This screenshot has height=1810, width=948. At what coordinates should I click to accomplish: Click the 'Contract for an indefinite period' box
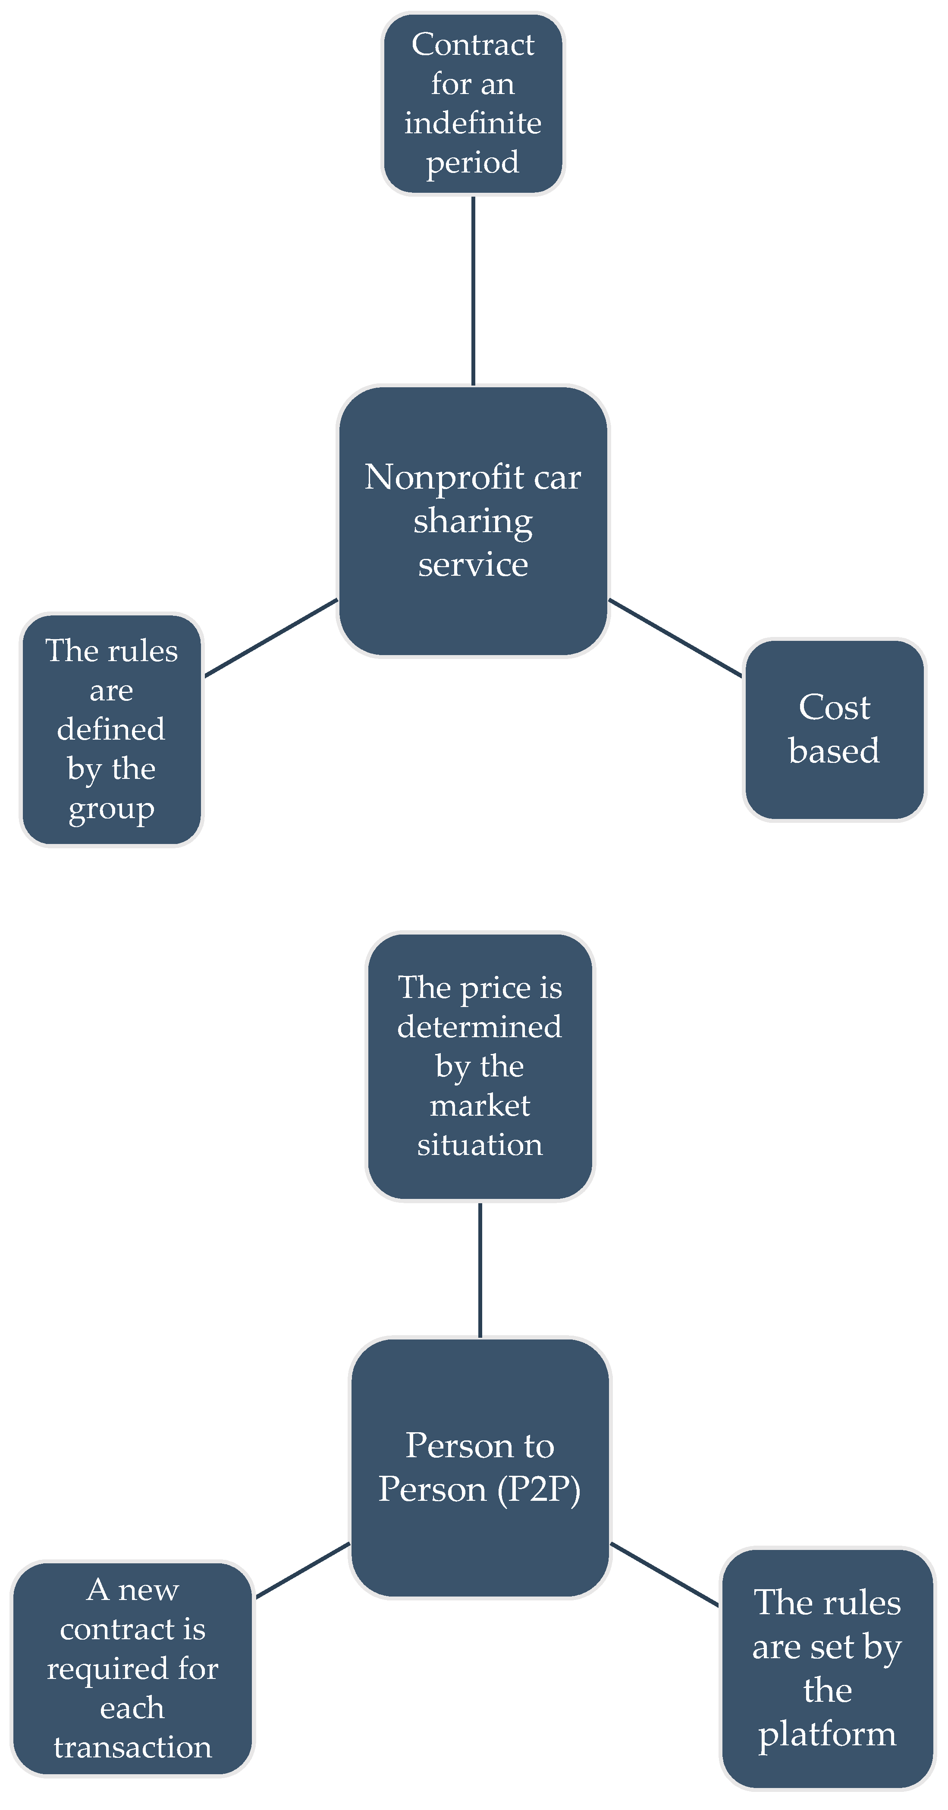473,104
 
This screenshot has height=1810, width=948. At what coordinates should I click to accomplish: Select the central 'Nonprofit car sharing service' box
473,521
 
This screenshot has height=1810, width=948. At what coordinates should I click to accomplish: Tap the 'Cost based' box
834,729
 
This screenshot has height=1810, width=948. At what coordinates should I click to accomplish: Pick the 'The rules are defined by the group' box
111,729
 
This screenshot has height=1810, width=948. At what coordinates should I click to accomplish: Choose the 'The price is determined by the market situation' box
480,1066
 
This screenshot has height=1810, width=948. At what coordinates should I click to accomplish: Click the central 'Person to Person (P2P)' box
480,1468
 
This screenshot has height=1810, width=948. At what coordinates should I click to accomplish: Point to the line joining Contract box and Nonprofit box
473,290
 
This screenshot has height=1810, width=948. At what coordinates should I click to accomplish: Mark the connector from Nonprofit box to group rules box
271,638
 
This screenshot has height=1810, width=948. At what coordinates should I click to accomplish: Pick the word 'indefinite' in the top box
473,123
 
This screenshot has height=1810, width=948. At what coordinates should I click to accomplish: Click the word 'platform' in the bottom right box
828,1734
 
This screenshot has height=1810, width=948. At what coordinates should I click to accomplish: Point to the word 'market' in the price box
480,1106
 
